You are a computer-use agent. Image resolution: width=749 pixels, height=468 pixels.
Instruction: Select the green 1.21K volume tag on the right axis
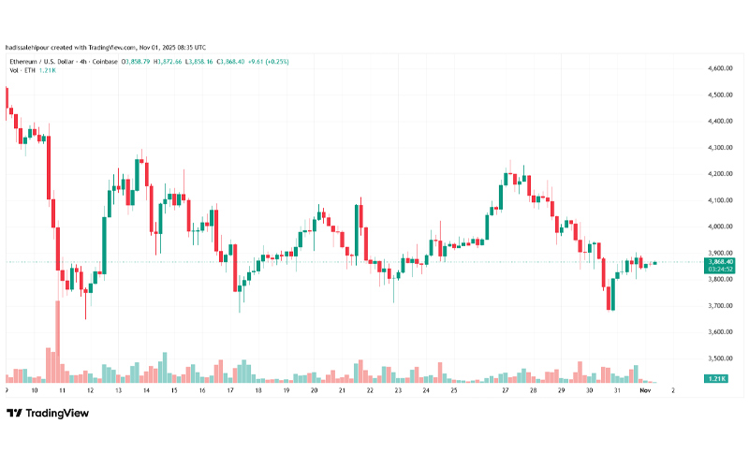(719, 377)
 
